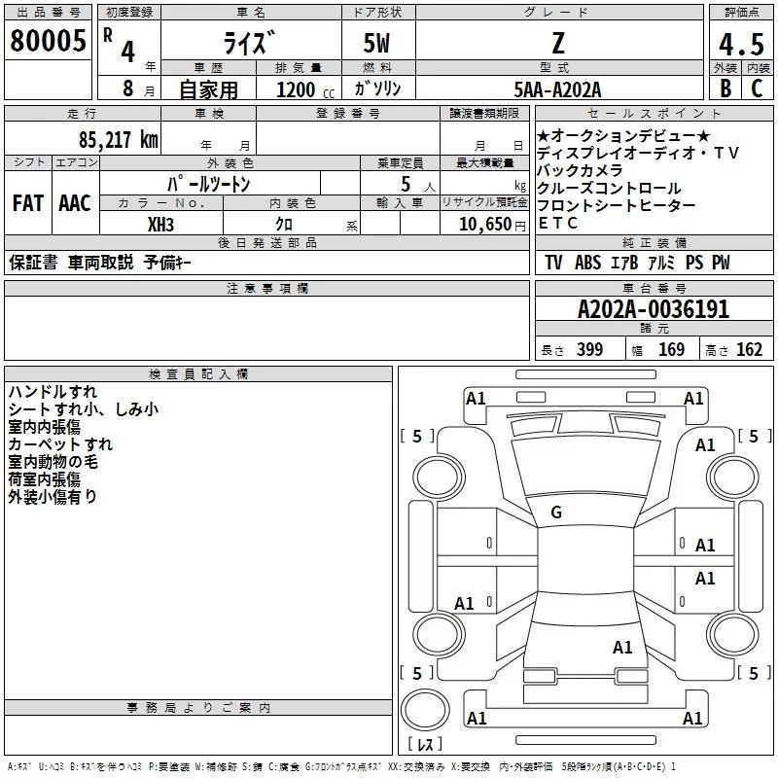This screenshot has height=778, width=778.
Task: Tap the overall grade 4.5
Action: point(741,44)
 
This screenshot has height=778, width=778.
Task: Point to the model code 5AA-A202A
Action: point(557,89)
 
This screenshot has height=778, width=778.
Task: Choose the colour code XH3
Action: point(160,223)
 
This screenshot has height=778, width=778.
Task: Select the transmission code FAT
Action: point(27,203)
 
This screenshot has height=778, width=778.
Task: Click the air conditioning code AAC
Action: point(75,203)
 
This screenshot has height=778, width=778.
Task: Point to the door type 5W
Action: point(377,44)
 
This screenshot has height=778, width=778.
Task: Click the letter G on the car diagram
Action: point(556,513)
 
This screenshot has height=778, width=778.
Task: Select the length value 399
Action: point(590,350)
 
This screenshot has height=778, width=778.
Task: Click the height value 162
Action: point(749,350)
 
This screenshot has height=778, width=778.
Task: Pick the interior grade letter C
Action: point(757,88)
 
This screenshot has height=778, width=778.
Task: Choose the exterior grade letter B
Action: point(725,88)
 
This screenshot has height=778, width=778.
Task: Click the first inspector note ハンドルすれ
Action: point(53,393)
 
